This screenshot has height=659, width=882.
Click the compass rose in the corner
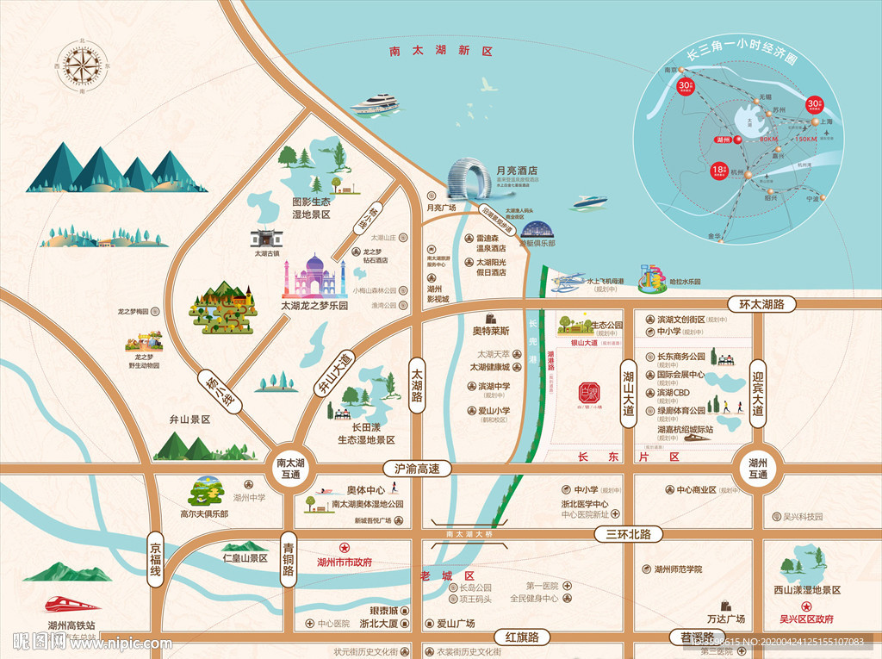(x=83, y=65)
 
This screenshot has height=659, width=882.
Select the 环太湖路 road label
(x=761, y=304)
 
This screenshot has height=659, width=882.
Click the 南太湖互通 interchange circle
(x=288, y=469)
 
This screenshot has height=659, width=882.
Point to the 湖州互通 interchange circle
(x=758, y=468)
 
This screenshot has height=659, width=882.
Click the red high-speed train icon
(x=71, y=606)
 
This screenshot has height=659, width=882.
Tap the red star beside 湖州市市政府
(x=344, y=547)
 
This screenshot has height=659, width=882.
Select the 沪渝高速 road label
(x=417, y=469)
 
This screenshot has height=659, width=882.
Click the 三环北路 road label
(x=628, y=534)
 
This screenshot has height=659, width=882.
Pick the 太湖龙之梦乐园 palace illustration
(x=314, y=277)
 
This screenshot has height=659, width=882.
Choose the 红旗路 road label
(x=521, y=637)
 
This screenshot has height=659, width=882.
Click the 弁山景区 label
(x=190, y=420)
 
